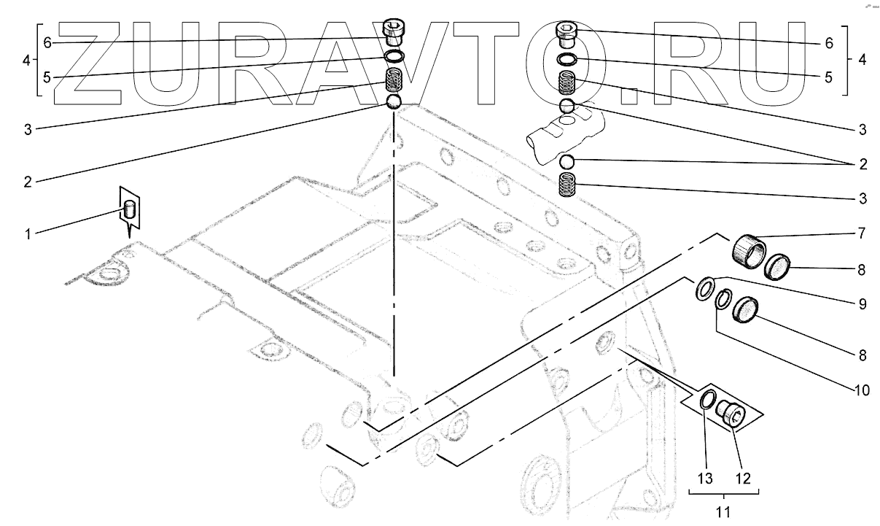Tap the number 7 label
[x=861, y=234]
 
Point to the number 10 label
[x=861, y=390]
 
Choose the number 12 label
[x=742, y=479]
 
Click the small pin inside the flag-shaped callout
[x=131, y=211]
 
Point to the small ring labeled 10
[x=723, y=299]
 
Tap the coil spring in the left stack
[x=394, y=80]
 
